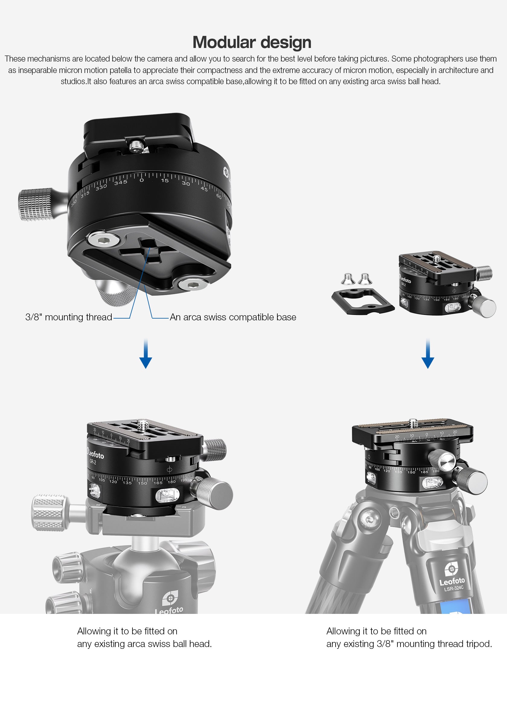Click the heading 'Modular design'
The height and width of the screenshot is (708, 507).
(x=252, y=42)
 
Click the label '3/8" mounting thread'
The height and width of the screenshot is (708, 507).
(x=69, y=317)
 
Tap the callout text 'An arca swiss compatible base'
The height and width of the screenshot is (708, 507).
(x=233, y=317)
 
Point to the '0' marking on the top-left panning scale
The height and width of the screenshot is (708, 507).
(x=142, y=180)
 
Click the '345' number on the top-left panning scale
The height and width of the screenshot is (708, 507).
(x=120, y=182)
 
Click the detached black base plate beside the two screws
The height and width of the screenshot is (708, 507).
(x=362, y=301)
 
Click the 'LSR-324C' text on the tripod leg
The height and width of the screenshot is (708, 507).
(x=454, y=589)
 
